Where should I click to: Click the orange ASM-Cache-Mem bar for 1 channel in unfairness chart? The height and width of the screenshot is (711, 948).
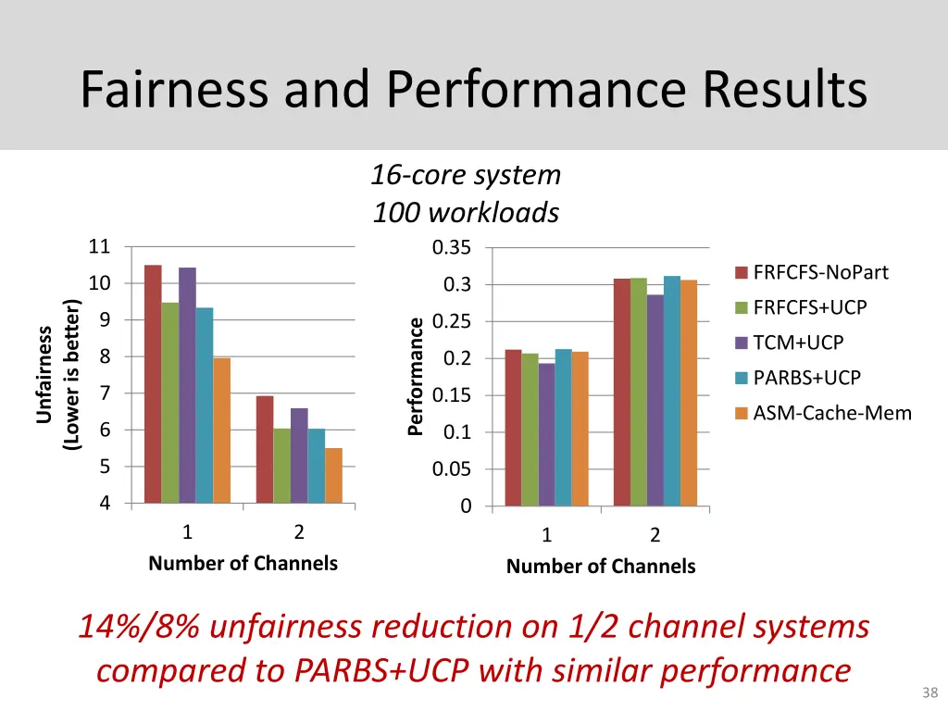point(221,430)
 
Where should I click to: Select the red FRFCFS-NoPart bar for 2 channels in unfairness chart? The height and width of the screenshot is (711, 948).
point(265,449)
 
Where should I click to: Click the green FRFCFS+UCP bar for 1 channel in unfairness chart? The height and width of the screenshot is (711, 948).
point(169,403)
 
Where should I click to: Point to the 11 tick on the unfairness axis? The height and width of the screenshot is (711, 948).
point(99,246)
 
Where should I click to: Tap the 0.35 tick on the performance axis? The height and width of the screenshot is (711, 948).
point(452,247)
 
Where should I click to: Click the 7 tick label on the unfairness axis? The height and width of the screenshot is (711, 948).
point(105,393)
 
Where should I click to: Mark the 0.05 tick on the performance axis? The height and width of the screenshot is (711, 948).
point(452,469)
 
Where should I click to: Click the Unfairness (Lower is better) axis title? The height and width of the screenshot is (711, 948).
point(57,375)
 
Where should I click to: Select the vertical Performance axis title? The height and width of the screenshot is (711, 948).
point(417,375)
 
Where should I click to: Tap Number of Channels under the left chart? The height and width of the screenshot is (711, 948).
point(243,563)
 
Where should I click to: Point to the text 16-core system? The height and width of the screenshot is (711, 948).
point(466,174)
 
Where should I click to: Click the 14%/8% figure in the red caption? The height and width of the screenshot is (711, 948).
point(138,627)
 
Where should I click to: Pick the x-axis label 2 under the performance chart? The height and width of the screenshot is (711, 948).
point(655,535)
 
